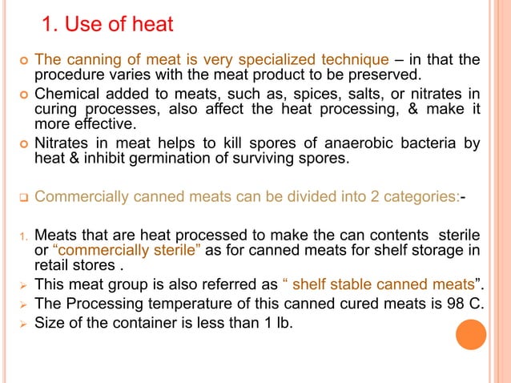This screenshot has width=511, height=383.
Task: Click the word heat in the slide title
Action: click(x=152, y=25)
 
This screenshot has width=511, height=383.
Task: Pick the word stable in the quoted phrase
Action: click(x=353, y=286)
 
